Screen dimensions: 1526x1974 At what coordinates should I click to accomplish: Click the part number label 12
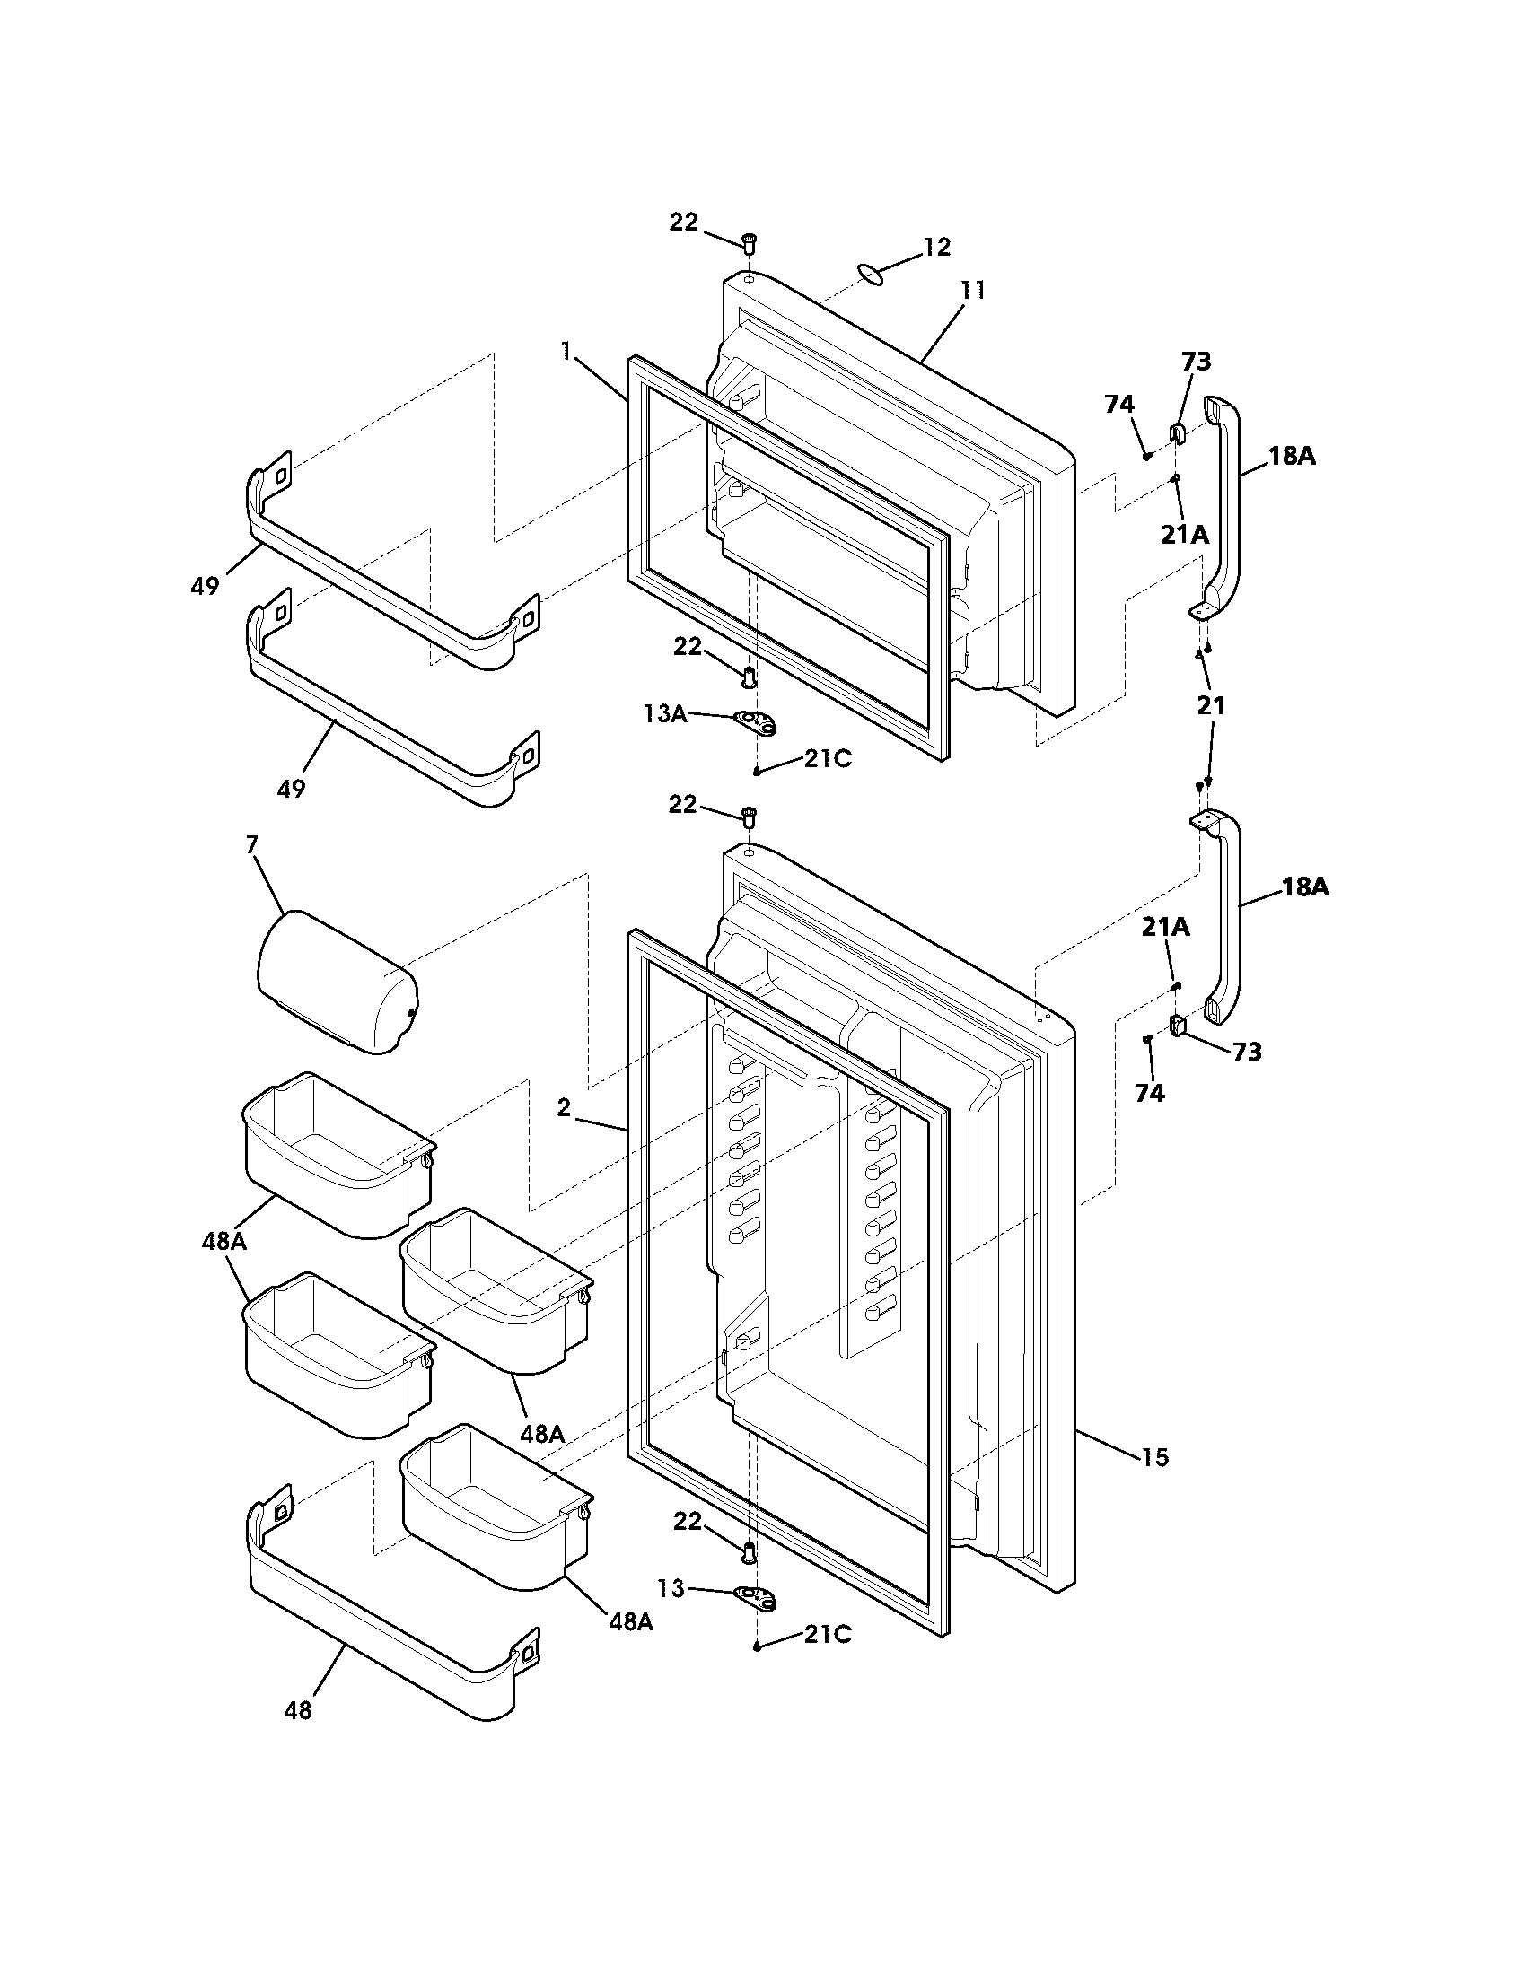point(936,247)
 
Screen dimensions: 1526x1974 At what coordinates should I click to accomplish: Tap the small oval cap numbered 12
point(870,273)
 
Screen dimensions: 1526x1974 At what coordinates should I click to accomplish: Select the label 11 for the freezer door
point(972,291)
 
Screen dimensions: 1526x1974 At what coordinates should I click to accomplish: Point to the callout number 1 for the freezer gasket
point(566,350)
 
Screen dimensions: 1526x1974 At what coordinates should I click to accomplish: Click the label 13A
point(664,714)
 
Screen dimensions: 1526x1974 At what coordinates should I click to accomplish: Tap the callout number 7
point(251,845)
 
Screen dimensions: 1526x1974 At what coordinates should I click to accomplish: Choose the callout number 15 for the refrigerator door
point(1155,1457)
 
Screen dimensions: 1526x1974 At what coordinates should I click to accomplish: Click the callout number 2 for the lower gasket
point(564,1107)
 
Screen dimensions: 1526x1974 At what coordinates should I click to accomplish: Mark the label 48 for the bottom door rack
point(298,1710)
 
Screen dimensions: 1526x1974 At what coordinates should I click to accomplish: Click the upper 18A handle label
point(1292,457)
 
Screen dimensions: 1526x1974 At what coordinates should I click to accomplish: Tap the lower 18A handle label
point(1305,887)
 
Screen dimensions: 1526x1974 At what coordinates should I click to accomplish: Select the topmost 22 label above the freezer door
point(684,222)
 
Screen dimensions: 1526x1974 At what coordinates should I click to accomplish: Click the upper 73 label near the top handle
point(1196,362)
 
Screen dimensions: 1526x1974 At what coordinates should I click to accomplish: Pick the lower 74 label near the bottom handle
point(1150,1094)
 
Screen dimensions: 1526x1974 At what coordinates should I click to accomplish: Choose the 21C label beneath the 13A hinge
point(829,759)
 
